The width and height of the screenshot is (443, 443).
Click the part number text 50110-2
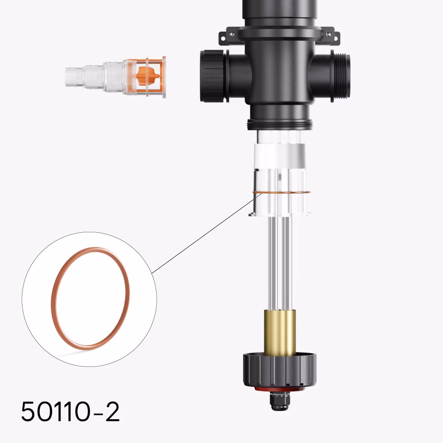[x=71, y=411]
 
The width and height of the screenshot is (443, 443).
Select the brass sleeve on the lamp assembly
[x=280, y=332]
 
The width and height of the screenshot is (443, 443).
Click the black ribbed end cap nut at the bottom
[x=280, y=370]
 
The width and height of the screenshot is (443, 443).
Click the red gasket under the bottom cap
[x=280, y=389]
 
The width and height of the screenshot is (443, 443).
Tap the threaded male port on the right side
[x=341, y=76]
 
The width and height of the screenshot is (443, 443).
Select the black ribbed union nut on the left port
[x=214, y=76]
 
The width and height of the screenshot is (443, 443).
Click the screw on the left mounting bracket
[x=232, y=35]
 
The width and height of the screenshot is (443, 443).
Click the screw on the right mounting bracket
[x=328, y=35]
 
